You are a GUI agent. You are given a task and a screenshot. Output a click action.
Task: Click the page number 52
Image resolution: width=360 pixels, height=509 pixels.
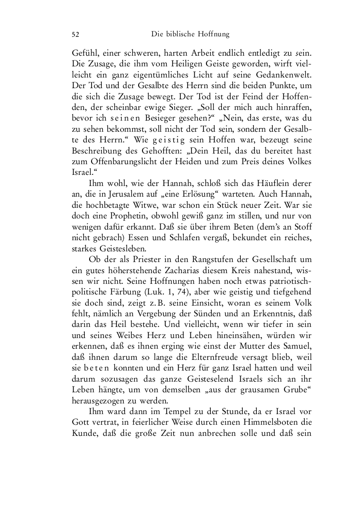76,35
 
